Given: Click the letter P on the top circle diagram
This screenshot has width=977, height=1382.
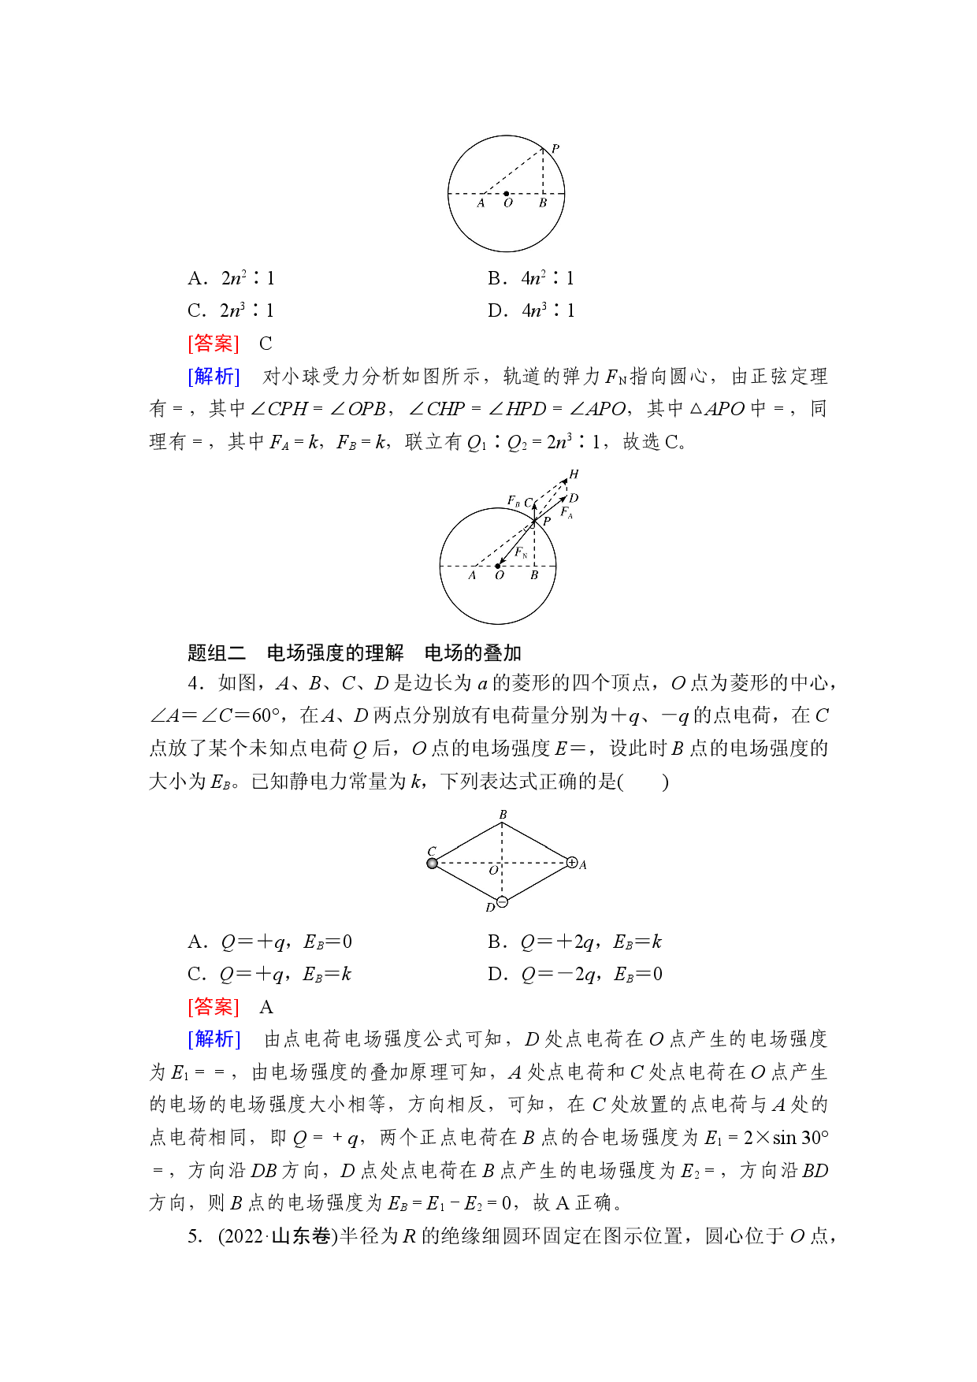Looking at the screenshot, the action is (x=555, y=148).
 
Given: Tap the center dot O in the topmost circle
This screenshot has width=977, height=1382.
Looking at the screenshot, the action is (x=506, y=193).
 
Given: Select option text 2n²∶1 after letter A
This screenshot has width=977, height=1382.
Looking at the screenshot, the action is (x=248, y=278).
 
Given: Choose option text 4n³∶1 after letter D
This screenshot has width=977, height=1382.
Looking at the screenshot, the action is (x=548, y=310).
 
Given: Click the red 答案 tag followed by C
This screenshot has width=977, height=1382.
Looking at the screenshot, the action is (x=214, y=344).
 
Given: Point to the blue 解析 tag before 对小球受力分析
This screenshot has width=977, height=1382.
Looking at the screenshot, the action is (x=214, y=377).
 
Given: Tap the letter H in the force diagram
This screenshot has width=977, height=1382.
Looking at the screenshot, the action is (x=574, y=474).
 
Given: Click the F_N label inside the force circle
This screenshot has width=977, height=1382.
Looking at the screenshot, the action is (x=521, y=552).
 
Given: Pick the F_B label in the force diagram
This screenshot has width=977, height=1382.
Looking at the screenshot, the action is (x=514, y=500).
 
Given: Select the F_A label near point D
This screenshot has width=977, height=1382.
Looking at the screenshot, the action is (x=567, y=512).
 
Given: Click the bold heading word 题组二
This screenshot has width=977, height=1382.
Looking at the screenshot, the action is (x=217, y=653).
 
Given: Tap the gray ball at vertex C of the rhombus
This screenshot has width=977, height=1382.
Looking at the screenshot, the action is (x=432, y=864).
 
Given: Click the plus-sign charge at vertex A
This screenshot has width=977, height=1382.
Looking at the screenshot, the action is (x=572, y=863).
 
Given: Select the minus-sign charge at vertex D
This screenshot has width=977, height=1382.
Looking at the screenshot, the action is (x=503, y=902).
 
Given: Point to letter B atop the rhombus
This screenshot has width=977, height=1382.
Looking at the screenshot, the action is (x=503, y=815).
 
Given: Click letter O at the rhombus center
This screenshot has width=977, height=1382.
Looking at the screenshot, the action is (x=493, y=871).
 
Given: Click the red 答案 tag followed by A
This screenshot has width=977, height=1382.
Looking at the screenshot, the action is (x=214, y=1007).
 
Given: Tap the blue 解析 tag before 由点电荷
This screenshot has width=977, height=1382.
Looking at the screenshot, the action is (x=214, y=1039).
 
